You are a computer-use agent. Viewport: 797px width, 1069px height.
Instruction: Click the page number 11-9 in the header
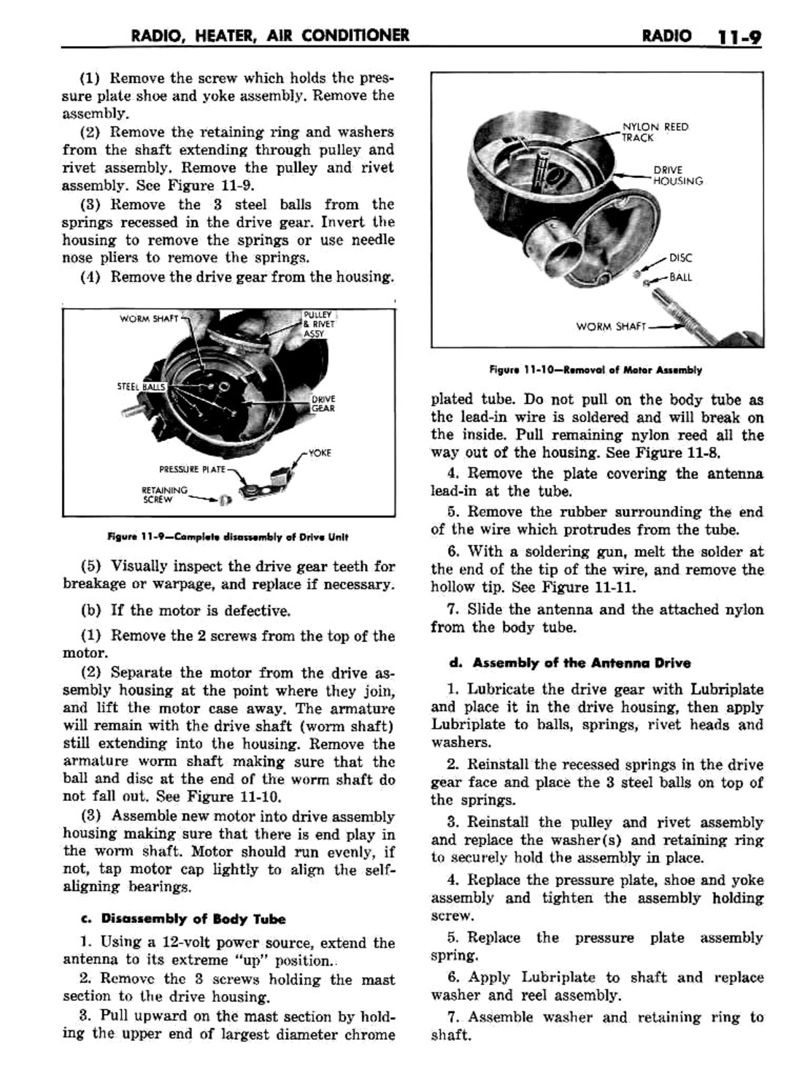tap(738, 36)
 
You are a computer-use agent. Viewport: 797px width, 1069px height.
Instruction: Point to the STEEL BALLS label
tap(141, 386)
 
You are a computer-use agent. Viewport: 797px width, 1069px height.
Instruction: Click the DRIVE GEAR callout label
tap(323, 404)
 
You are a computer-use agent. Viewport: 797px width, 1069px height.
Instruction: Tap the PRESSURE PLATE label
tap(192, 469)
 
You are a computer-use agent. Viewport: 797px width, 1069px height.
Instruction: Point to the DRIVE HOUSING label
tap(677, 175)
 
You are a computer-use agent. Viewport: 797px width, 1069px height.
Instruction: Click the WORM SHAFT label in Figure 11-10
tap(610, 326)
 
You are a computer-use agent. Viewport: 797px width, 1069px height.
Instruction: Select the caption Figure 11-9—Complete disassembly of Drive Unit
tap(228, 537)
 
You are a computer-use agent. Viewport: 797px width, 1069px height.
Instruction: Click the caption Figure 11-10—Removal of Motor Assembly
tap(596, 369)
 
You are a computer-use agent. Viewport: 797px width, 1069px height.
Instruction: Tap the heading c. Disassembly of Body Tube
tap(193, 919)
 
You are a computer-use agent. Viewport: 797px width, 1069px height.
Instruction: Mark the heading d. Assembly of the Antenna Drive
tap(570, 663)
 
